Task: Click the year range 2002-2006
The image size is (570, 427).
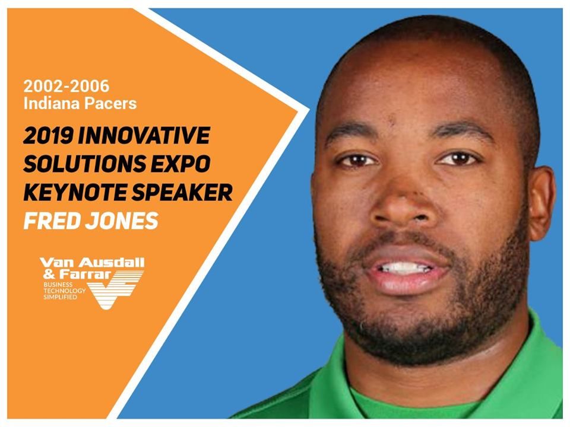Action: click(66, 86)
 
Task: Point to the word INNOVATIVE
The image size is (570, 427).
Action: click(145, 136)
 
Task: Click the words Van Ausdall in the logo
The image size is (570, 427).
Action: click(92, 263)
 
